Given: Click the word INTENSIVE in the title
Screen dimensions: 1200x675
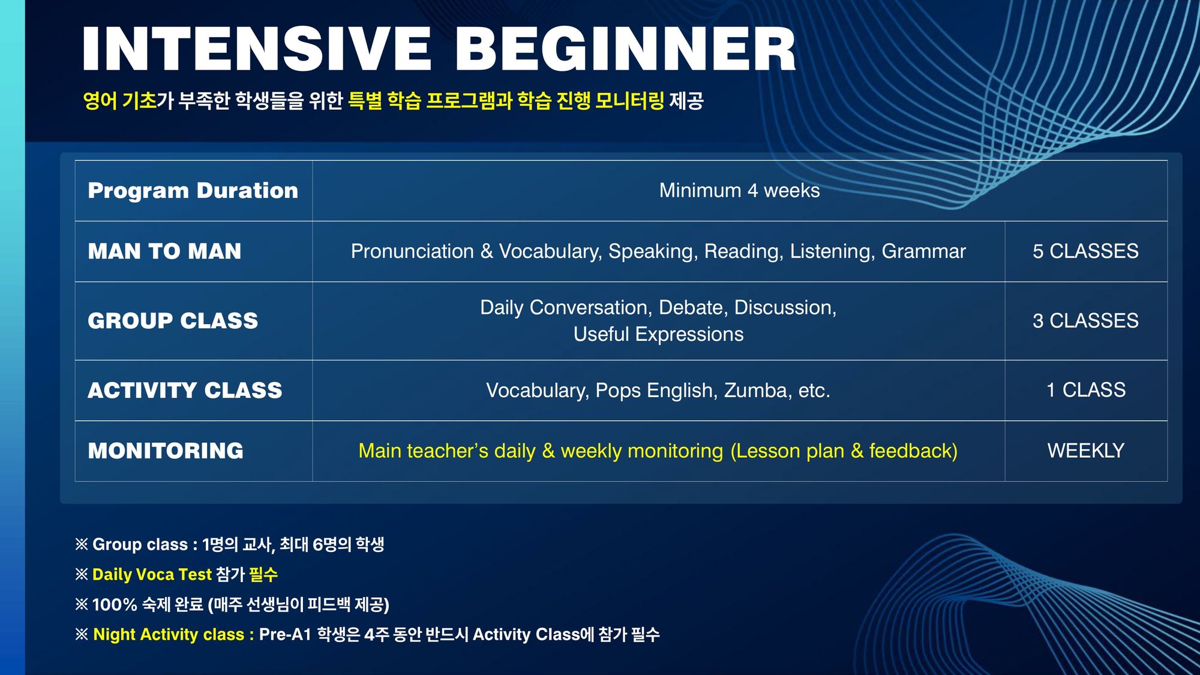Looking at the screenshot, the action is point(257,49).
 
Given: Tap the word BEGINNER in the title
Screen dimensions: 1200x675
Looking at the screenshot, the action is point(626,49).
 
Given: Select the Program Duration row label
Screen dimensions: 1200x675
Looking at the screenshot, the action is point(193,191).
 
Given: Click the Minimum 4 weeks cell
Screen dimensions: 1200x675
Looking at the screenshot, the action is point(739,191).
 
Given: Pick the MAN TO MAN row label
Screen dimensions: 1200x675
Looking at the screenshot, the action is point(164,251).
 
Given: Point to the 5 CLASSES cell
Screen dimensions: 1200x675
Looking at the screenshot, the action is point(1085,251).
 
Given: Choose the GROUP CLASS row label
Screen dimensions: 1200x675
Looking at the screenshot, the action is point(173,321).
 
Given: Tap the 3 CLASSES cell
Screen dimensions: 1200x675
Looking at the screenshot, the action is point(1085,321).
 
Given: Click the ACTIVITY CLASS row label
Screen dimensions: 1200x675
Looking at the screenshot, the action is point(185,391).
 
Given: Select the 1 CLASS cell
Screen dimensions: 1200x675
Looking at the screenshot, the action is point(1086,390).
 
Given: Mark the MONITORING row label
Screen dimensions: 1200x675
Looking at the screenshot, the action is point(166,451).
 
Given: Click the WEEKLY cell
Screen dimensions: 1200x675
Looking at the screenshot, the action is point(1086,451).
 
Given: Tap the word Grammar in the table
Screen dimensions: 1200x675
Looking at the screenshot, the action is point(923,251).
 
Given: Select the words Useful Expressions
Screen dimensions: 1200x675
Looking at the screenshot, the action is point(658,334).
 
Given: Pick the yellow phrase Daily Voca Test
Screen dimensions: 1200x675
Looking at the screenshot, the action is point(152,575).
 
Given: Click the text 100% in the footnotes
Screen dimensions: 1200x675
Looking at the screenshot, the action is point(115,604).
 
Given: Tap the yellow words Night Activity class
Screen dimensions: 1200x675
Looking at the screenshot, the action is point(169,635).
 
